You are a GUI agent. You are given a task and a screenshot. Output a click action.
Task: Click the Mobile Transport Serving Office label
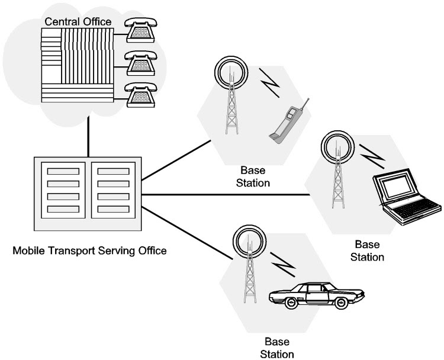(x=89, y=250)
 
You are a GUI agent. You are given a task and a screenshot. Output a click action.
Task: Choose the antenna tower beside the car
(x=247, y=266)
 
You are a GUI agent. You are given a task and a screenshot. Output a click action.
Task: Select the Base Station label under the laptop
(x=368, y=250)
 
